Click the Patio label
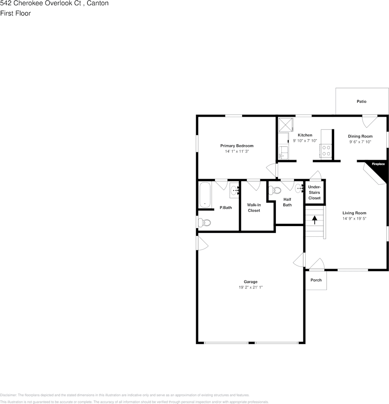pos(361,101)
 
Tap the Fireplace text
pos(378,164)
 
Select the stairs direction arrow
pos(315,220)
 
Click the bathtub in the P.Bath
pos(205,195)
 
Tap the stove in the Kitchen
pos(326,150)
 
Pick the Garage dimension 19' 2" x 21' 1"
pos(251,288)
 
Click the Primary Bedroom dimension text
pos(237,152)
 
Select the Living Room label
pos(354,213)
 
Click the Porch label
pos(316,280)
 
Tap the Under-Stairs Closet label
pos(315,192)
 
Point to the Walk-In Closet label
pos(254,208)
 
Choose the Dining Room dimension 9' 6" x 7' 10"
pos(360,142)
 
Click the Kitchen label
pos(305,135)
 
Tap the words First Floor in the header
pos(15,13)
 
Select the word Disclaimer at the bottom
pos(8,395)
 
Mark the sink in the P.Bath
pos(234,190)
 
